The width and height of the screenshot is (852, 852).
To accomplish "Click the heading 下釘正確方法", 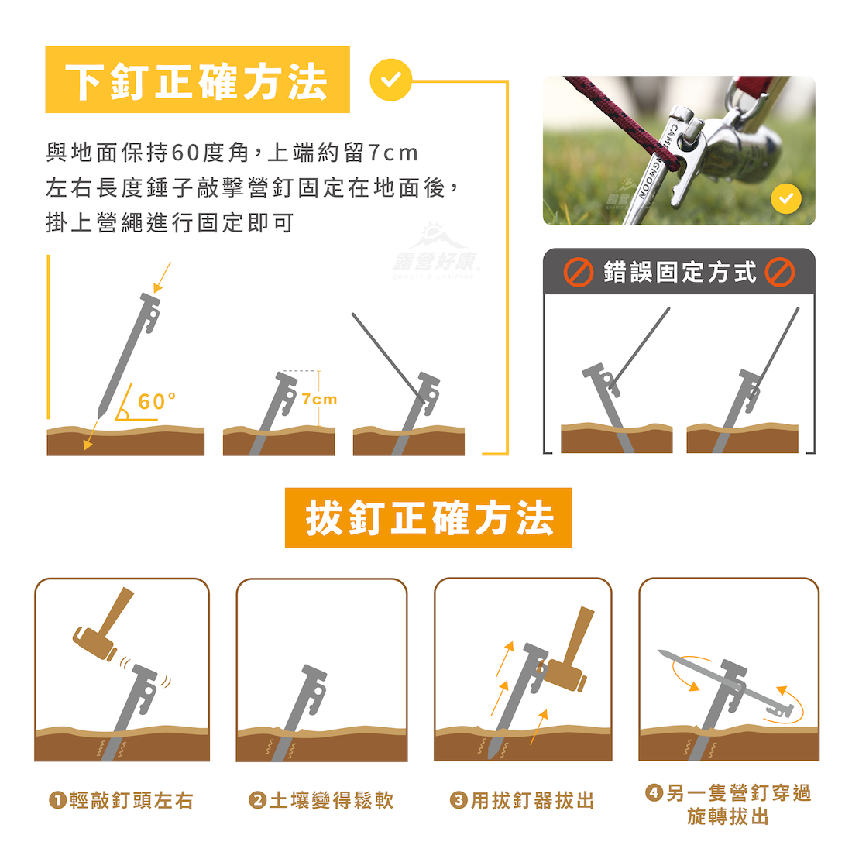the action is click(196, 81).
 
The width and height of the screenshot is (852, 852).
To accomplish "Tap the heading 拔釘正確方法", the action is click(429, 518).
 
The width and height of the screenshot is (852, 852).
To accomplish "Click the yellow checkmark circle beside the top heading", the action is click(390, 80).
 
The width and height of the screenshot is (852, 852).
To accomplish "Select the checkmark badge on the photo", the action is click(785, 199).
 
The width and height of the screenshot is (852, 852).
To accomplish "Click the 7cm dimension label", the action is click(319, 400).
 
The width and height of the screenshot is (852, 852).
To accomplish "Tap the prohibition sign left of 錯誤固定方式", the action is click(578, 272).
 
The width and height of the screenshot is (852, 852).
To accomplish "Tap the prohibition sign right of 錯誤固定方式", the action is click(780, 272).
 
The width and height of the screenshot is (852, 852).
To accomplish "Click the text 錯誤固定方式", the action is click(679, 272).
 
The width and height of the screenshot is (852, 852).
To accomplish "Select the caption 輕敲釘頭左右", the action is click(132, 800).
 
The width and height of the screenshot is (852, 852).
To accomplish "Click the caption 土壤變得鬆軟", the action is click(332, 800).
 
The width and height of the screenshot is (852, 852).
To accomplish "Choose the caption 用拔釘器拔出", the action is click(533, 800).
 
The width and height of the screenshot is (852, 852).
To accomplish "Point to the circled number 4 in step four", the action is click(654, 793).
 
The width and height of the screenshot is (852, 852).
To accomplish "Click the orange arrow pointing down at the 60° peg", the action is click(161, 277).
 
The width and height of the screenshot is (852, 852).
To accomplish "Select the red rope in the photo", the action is click(622, 123).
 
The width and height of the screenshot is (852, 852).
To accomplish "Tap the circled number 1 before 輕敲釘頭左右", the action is click(57, 800).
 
